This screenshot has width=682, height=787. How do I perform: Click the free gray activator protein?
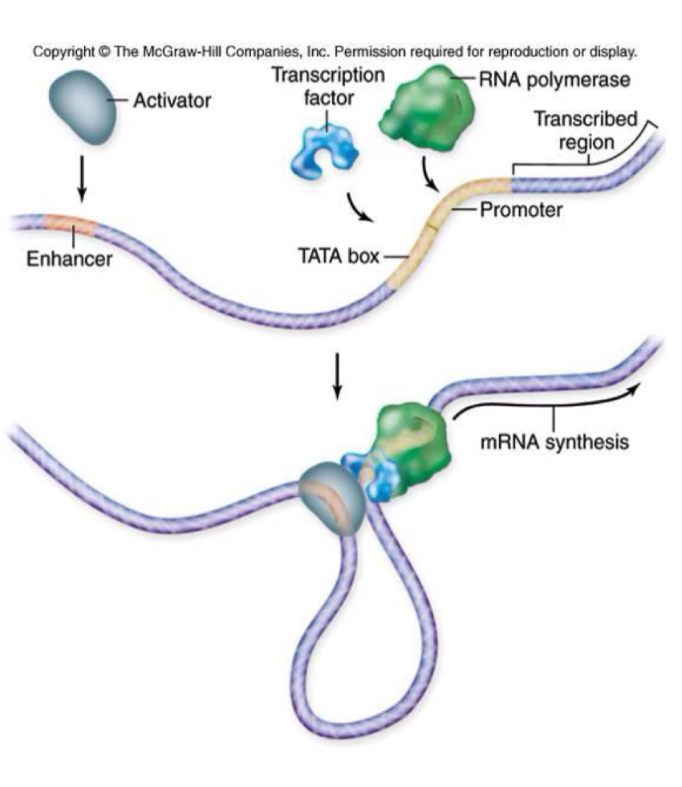[82, 106]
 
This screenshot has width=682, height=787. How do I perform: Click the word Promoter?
[521, 212]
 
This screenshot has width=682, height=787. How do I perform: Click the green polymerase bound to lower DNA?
[413, 441]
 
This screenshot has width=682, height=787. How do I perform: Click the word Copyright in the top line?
[62, 53]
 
